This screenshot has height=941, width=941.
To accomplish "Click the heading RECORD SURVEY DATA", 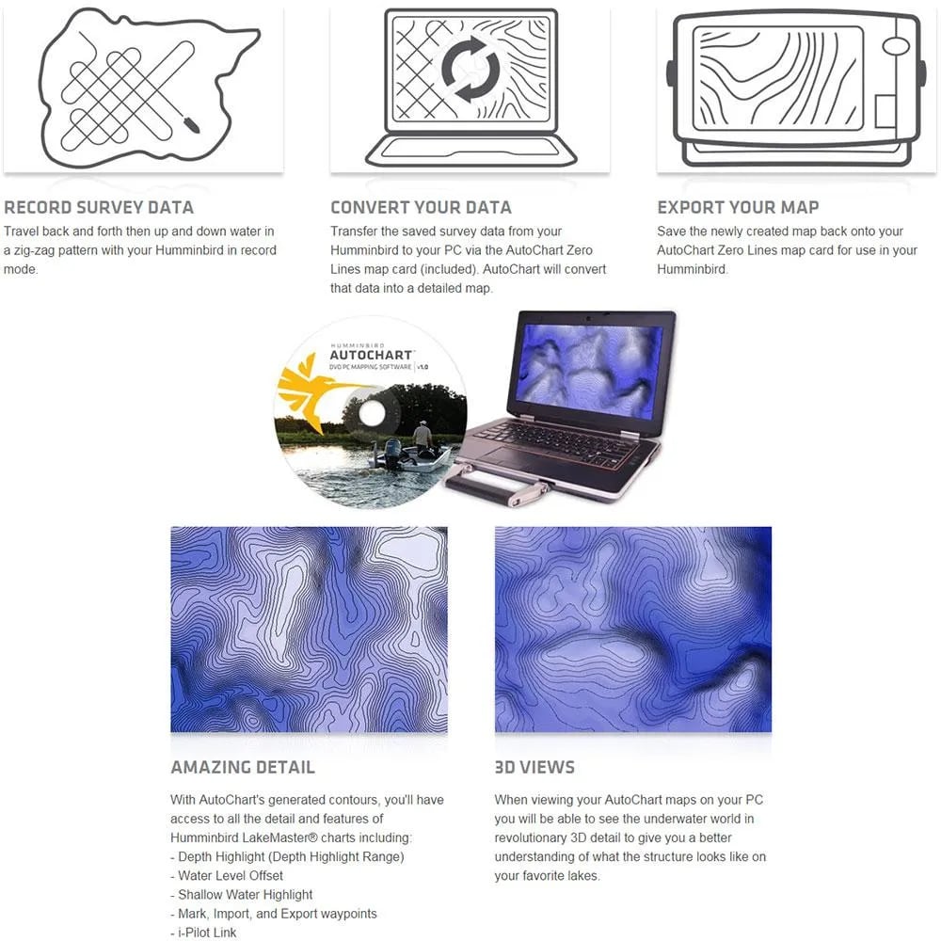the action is (x=99, y=207).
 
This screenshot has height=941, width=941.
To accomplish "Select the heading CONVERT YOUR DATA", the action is (x=421, y=207).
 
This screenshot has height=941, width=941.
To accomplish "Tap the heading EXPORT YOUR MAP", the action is (x=738, y=207).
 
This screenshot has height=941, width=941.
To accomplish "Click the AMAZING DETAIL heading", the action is (x=243, y=767).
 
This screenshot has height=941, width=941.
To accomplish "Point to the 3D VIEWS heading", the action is (x=534, y=767).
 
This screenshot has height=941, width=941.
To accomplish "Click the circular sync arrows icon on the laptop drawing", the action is (x=470, y=69).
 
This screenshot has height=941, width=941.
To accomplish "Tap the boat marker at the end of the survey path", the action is (x=191, y=124).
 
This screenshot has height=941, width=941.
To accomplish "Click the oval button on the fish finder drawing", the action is (x=896, y=46).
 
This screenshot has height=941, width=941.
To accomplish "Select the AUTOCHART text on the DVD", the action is (x=371, y=356).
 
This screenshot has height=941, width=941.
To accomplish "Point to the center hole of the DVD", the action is (x=372, y=412).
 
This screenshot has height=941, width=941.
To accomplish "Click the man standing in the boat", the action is (x=423, y=435).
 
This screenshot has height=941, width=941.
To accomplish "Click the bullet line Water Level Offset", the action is (x=227, y=875).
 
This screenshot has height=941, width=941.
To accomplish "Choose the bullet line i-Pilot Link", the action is (x=203, y=933).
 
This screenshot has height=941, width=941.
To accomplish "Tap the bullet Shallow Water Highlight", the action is (x=242, y=895).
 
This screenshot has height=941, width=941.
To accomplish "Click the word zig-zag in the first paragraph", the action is (x=34, y=251).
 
